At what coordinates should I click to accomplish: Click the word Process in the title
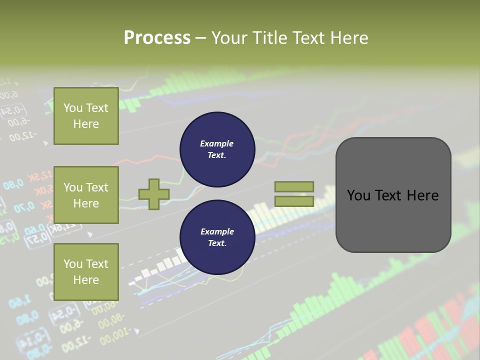pyautogui.click(x=157, y=38)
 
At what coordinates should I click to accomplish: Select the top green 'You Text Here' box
pyautogui.click(x=86, y=116)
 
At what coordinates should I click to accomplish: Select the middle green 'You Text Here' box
pyautogui.click(x=86, y=195)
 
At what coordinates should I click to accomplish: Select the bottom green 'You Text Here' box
pyautogui.click(x=86, y=272)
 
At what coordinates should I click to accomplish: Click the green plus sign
pyautogui.click(x=153, y=194)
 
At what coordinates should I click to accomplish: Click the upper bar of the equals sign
pyautogui.click(x=294, y=187)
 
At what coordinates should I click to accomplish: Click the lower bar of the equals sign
pyautogui.click(x=294, y=201)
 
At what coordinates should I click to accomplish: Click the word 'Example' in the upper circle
pyautogui.click(x=216, y=144)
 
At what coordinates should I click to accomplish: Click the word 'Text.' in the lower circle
pyautogui.click(x=217, y=243)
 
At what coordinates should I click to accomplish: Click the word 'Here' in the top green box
pyautogui.click(x=86, y=124)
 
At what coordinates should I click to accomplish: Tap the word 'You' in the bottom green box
pyautogui.click(x=73, y=264)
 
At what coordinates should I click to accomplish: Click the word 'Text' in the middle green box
pyautogui.click(x=97, y=187)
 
